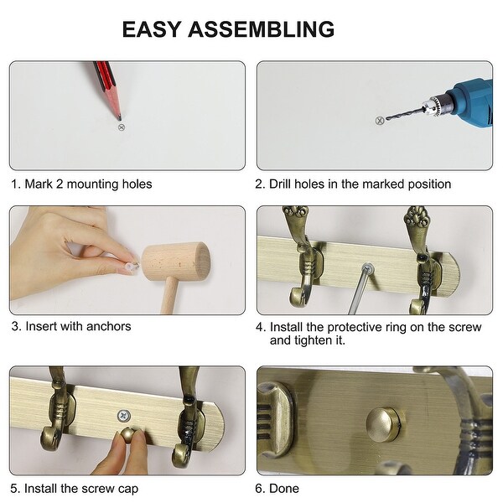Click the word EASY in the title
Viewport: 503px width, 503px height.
point(152,29)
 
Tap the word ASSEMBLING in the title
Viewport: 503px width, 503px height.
point(261,29)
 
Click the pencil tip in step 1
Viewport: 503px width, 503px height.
point(119,118)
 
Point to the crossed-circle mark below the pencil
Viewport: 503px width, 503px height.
point(121,127)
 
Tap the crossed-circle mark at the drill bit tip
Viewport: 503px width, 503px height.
point(380,121)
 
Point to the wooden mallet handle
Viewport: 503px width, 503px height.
point(169,296)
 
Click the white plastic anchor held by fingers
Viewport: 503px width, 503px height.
point(132,266)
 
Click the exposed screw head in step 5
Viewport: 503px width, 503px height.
point(123,416)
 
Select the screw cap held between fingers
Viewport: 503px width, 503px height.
point(128,434)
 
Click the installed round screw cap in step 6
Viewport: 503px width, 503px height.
point(383,424)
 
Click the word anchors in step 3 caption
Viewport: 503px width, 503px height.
point(109,326)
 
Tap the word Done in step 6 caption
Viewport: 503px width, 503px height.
point(284,488)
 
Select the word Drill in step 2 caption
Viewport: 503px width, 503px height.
point(280,184)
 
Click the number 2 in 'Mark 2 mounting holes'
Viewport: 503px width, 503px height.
point(60,184)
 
